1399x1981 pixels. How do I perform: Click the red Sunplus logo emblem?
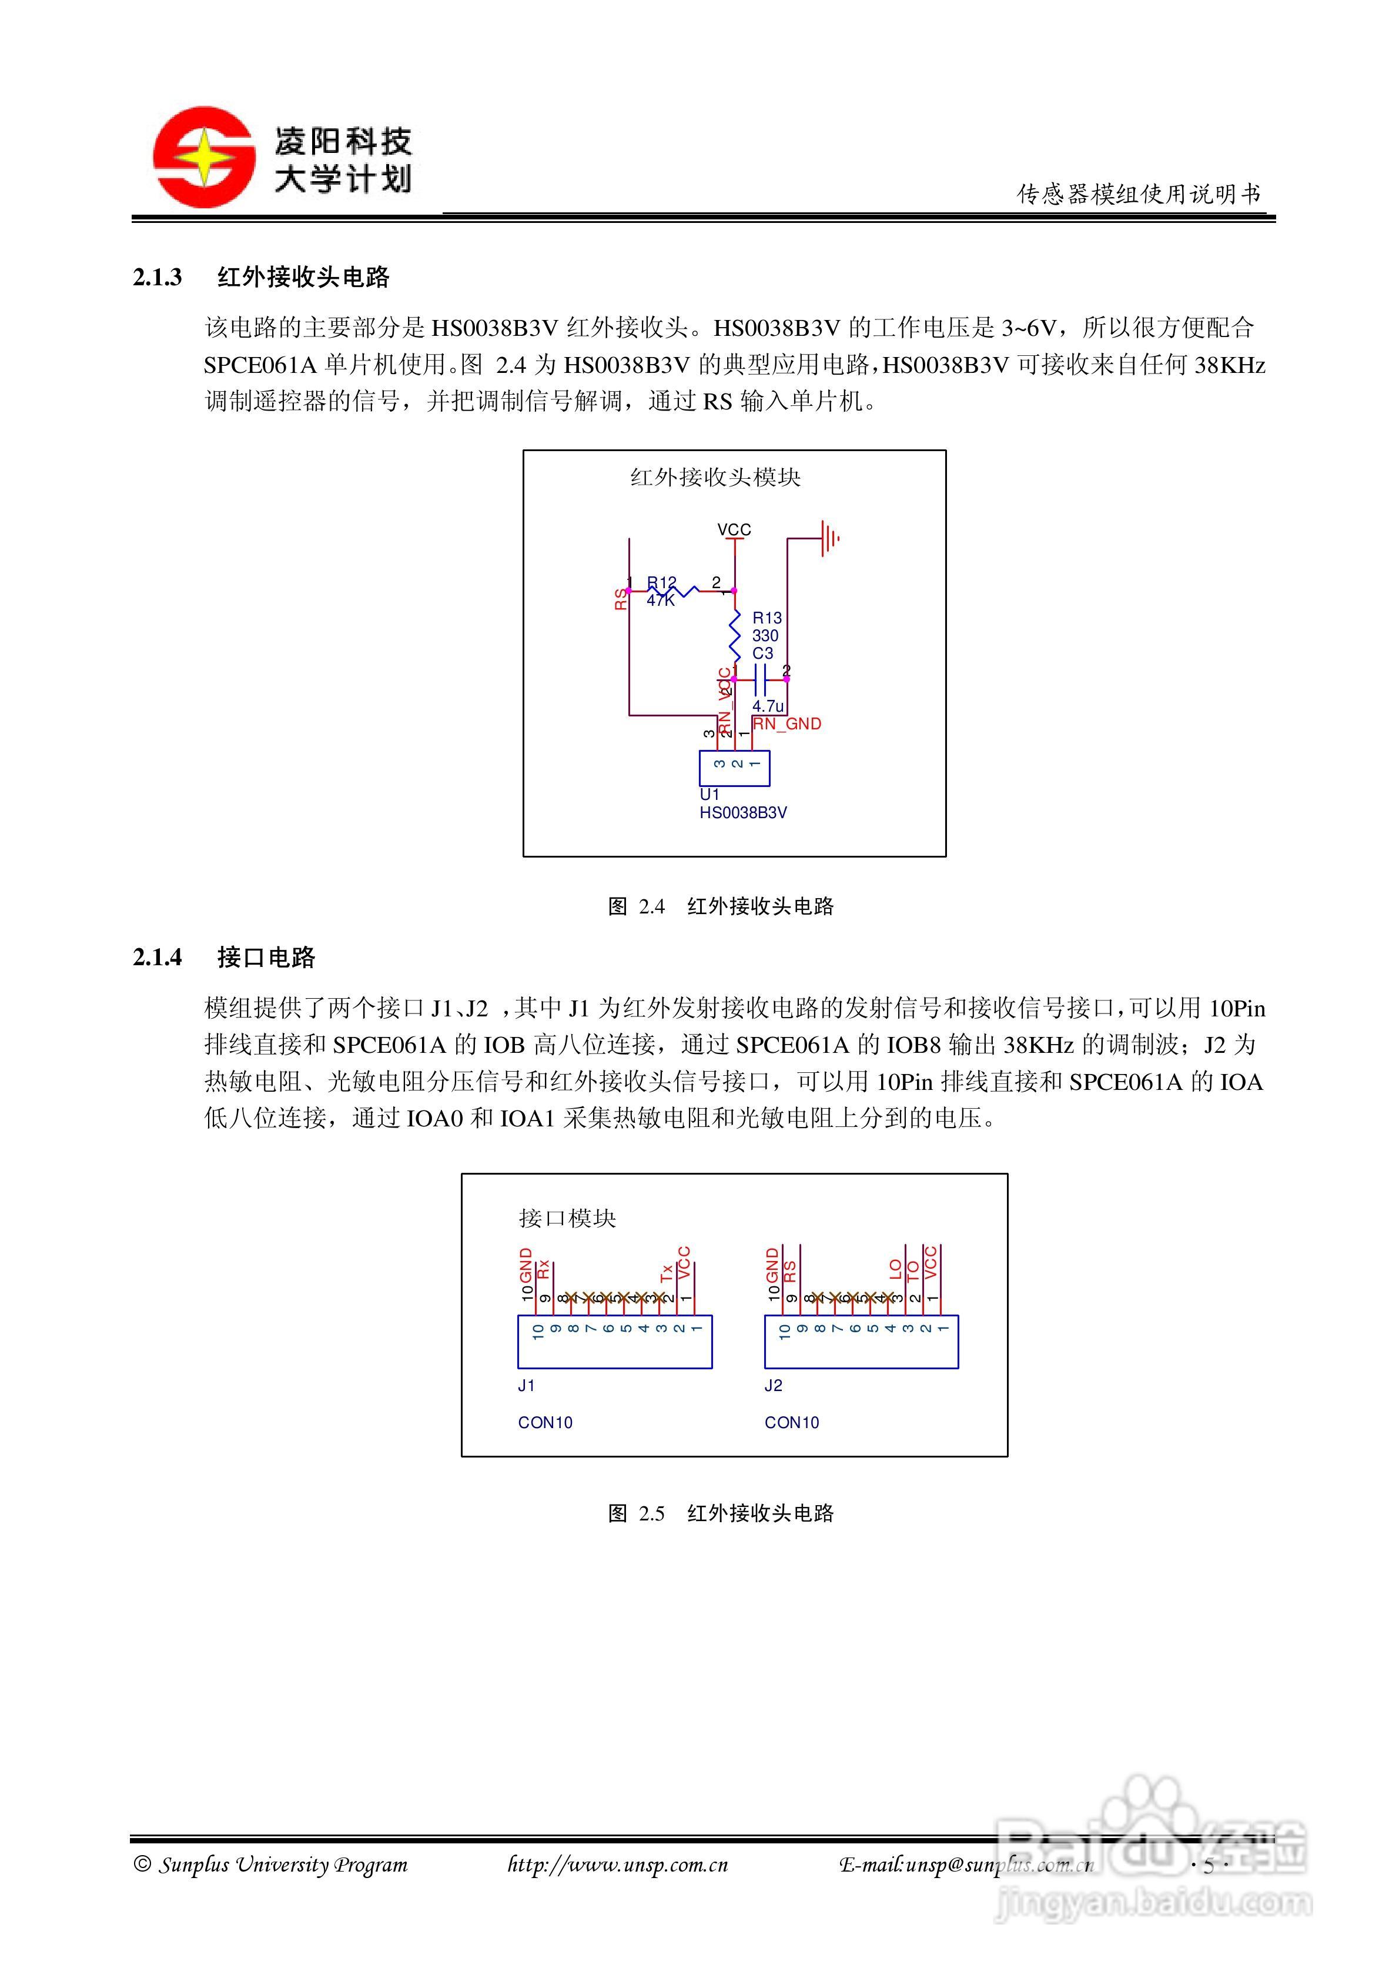203,157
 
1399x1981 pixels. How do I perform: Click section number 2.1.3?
157,278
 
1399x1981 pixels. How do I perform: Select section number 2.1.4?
157,958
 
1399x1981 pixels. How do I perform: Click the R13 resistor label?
767,618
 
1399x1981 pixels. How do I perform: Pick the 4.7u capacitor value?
768,706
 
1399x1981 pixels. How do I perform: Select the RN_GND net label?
786,724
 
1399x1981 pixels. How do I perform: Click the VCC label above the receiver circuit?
734,529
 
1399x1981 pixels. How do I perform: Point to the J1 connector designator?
526,1386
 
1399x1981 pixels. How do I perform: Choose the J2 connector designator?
773,1386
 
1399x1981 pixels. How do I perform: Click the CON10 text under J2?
791,1423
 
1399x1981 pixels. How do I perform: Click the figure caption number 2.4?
651,907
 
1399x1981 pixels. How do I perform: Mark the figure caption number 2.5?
651,1513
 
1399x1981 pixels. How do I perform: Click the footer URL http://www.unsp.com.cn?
618,1865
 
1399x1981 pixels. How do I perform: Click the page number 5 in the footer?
1209,1866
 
